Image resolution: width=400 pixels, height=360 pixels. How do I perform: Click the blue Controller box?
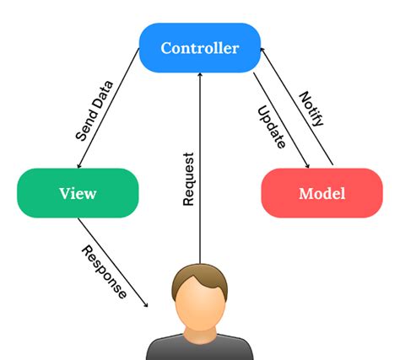coord(199,48)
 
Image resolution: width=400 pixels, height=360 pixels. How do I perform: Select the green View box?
coord(78,193)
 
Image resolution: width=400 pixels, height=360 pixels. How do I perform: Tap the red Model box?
coord(322,193)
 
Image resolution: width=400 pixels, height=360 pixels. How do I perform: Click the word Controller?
coord(199,48)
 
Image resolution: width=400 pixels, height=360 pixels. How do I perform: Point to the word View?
coord(78,193)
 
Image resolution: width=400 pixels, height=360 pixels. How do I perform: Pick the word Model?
coord(322,193)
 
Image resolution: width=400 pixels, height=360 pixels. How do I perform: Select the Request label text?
coord(189,180)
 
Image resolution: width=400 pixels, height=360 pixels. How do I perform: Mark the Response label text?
coord(105,271)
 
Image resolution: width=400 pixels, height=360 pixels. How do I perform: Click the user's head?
coord(200,299)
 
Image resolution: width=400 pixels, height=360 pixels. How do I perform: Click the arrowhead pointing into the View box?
coord(78,165)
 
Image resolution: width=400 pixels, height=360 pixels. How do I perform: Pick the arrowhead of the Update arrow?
coord(307,165)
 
